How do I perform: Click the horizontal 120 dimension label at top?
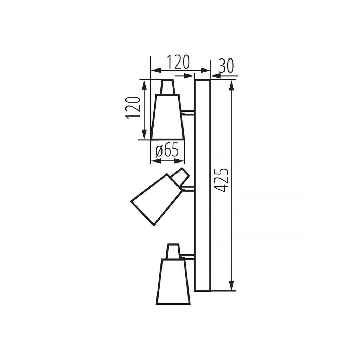(x=178, y=62)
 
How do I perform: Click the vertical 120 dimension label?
(x=133, y=107)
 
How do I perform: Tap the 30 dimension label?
(x=226, y=66)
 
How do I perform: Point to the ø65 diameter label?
(x=167, y=151)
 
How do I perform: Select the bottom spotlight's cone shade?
(x=173, y=282)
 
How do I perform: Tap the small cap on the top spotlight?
(x=168, y=87)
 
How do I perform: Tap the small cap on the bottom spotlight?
(x=173, y=251)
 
